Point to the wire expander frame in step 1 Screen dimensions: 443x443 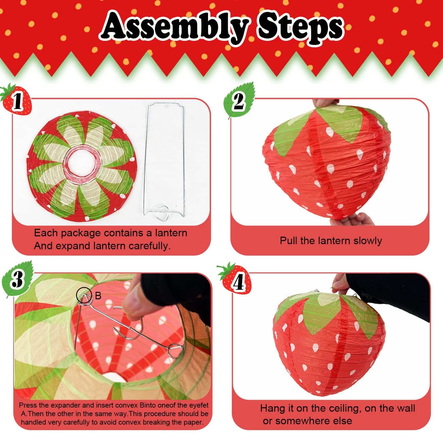coord(164,161)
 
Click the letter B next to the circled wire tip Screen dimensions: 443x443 coord(98,296)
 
